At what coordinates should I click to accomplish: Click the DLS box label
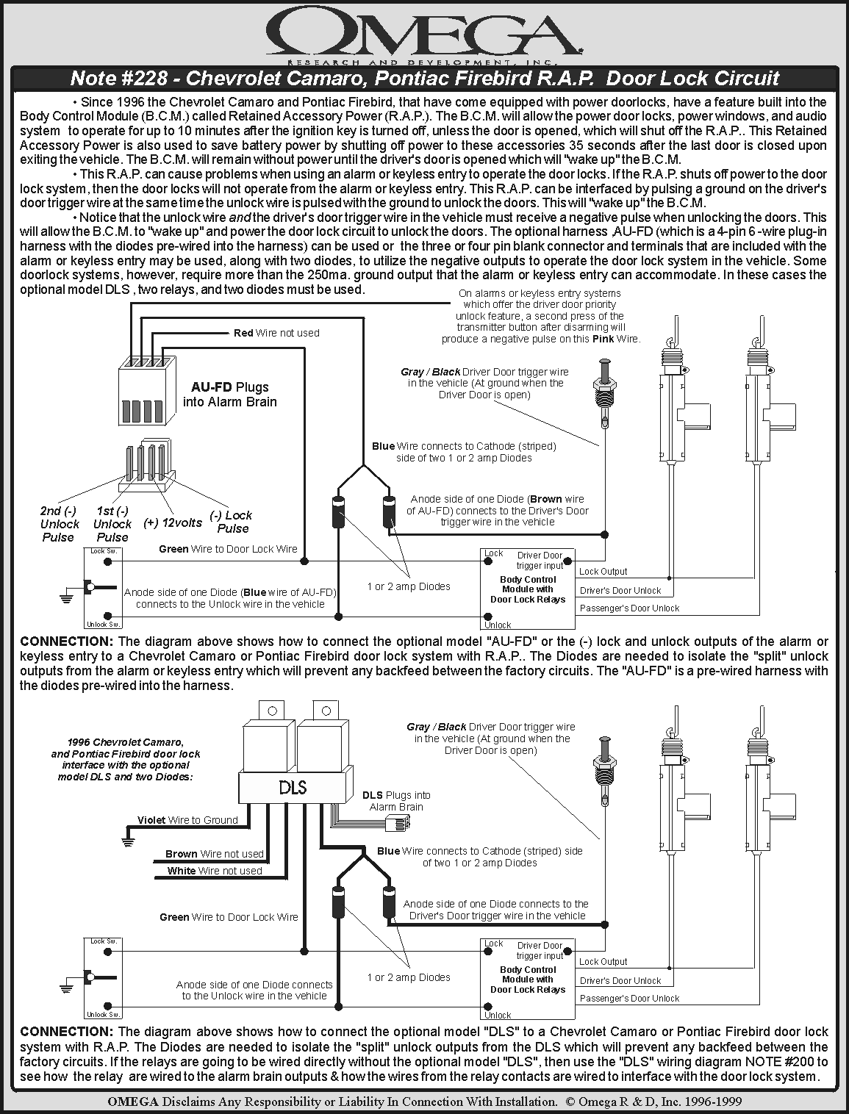click(x=293, y=788)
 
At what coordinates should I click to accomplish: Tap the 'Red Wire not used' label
click(x=276, y=333)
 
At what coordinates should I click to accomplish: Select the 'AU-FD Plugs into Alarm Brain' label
click(x=230, y=394)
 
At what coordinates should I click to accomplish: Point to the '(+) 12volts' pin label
click(x=172, y=522)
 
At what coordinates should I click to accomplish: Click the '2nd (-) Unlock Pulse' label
click(x=59, y=524)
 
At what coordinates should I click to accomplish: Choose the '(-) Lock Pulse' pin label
click(x=232, y=522)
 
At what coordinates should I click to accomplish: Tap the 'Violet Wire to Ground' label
click(x=187, y=820)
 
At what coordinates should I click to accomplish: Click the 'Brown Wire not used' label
click(x=214, y=854)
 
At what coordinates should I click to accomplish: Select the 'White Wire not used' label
click(x=214, y=871)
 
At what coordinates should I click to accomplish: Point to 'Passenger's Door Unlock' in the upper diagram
click(x=629, y=608)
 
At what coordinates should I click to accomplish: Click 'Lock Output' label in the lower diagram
click(x=603, y=961)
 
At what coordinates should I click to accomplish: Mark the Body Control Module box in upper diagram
click(x=528, y=589)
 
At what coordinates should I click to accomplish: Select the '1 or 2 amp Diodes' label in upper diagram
click(x=409, y=586)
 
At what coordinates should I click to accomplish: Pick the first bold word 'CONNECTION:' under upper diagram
click(x=67, y=642)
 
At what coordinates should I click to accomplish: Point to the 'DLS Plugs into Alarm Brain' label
click(x=396, y=801)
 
